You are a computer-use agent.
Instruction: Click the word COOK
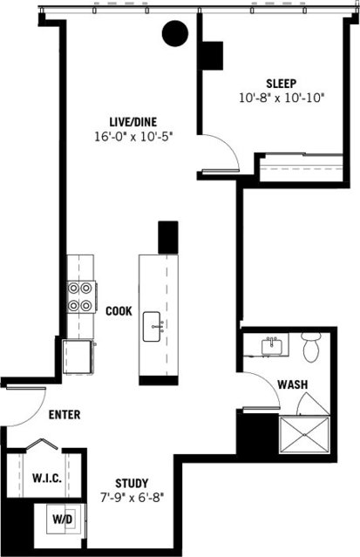coord(119,311)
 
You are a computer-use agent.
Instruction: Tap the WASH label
coord(291,384)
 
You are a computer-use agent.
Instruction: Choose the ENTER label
coord(65,415)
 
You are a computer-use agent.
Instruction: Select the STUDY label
coord(132,483)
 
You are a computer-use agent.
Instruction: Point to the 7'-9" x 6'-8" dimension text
coord(132,498)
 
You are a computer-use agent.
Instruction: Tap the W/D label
coord(63,520)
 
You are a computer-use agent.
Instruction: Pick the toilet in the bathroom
coord(311,348)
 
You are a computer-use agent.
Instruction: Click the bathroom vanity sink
coord(273,345)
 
